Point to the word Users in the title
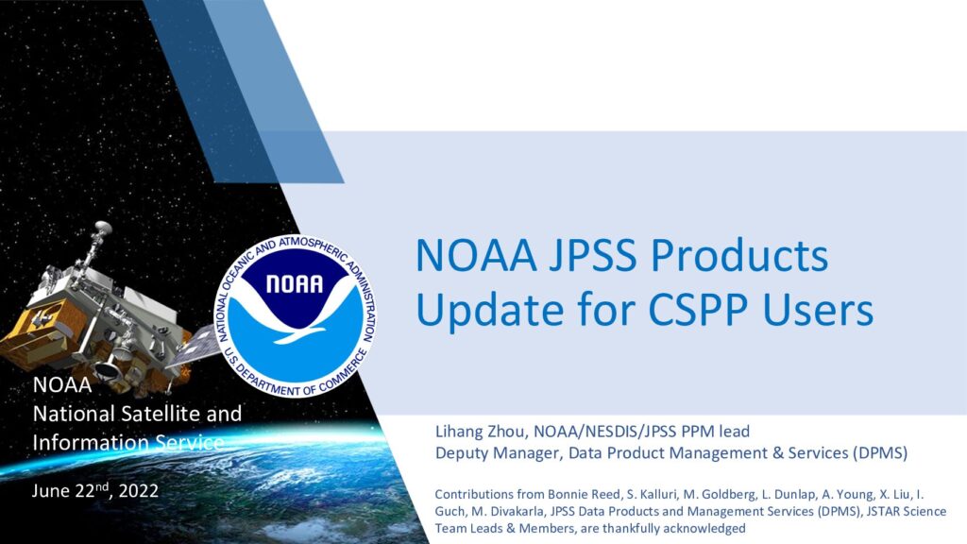pos(819,309)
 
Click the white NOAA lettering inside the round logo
pos(295,283)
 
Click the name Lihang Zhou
pos(481,431)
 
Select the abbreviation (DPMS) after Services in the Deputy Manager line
pos(880,452)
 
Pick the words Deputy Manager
pos(498,453)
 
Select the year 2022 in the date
pos(138,491)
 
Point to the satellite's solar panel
pos(195,348)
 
